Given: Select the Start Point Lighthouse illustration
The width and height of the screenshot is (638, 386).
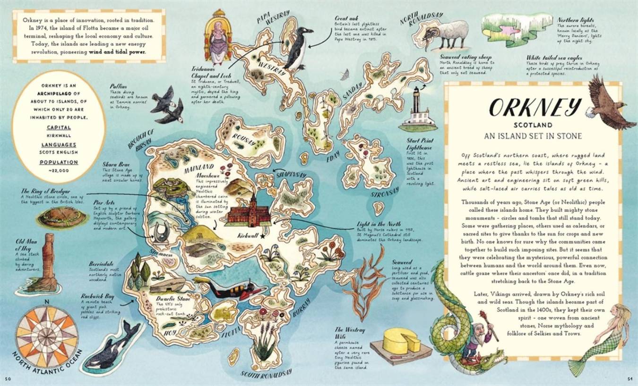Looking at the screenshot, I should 417,110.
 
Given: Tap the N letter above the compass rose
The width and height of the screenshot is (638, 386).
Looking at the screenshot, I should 46,303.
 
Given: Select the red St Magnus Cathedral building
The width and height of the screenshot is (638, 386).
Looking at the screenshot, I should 250,212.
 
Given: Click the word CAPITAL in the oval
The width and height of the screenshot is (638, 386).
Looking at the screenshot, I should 59,127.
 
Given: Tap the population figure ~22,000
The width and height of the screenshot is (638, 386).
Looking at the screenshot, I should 59,170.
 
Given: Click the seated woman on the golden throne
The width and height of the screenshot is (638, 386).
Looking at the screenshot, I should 218,38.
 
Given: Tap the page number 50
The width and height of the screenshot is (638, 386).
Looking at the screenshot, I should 8,378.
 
